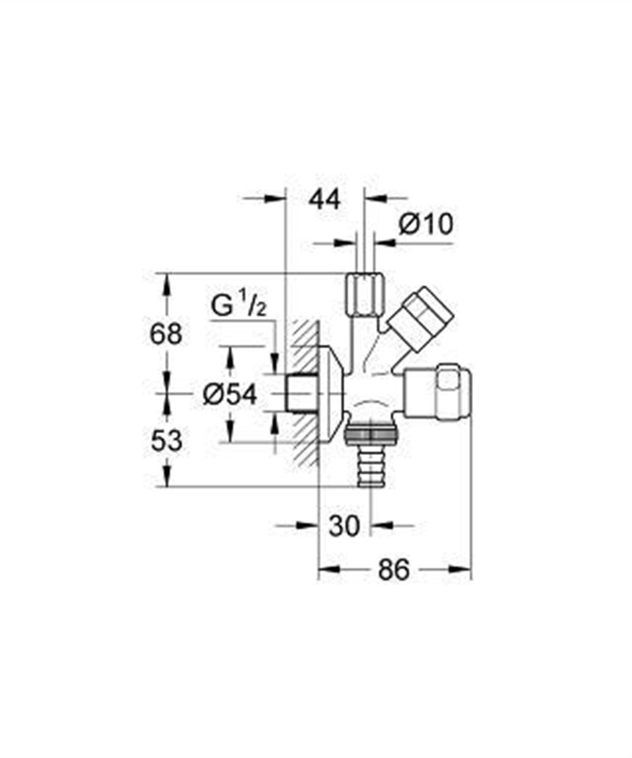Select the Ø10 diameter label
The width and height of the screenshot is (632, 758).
click(426, 225)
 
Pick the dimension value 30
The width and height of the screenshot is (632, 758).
click(345, 525)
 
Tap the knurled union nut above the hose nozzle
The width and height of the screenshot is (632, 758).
click(371, 435)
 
